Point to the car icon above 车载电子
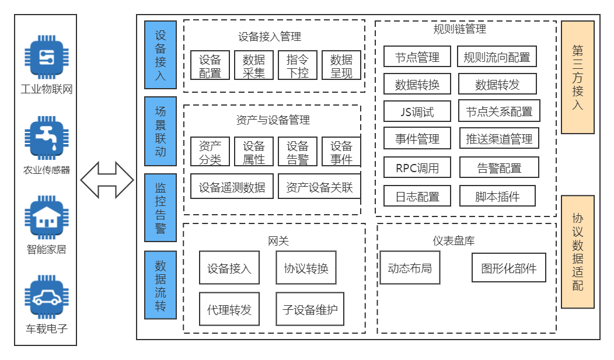coord(46,298)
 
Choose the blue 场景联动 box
coord(160,131)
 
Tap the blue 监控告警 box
coord(160,208)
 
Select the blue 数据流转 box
coord(160,285)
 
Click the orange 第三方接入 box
coord(577,78)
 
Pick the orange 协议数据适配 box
coord(577,251)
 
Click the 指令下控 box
coord(297,65)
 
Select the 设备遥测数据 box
coord(232,187)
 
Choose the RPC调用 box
coord(417,168)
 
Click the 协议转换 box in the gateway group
coord(306,268)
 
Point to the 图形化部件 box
coord(508,268)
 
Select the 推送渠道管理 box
coord(499,139)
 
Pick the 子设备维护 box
coord(310,309)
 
